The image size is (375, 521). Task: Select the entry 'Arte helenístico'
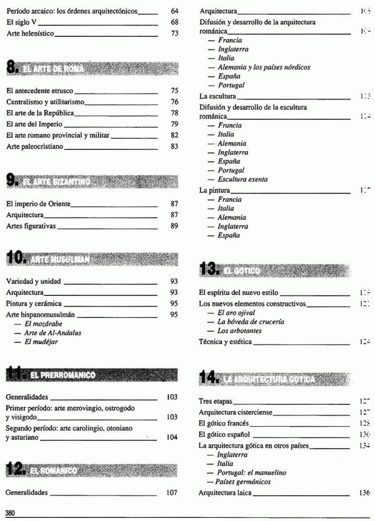[31, 33]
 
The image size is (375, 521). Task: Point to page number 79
[174, 124]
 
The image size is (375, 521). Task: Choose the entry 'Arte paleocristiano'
[35, 146]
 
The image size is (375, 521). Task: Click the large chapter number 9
[11, 181]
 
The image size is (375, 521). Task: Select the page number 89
[174, 226]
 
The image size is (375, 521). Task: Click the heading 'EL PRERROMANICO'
[62, 375]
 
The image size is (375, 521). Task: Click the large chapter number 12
[15, 469]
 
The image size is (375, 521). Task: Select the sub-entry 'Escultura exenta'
[242, 179]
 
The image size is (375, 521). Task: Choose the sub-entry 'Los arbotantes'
[239, 330]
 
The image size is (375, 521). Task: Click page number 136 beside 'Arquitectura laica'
[364, 493]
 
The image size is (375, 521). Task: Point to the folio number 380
[11, 514]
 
